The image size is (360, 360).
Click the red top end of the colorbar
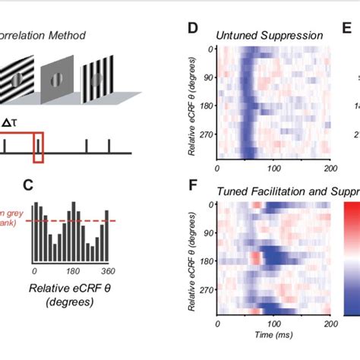pyautogui.click(x=349, y=209)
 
